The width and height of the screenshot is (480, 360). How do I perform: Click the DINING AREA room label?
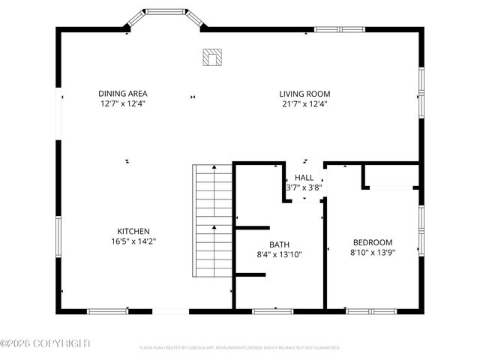pos(121,94)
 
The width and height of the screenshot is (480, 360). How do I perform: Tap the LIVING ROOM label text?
pos(304,94)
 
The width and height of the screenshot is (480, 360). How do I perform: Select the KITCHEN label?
pos(133,231)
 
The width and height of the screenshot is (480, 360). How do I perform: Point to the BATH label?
pos(279,244)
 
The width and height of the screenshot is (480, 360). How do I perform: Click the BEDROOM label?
pos(373,242)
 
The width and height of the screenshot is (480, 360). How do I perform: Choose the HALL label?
pos(304,178)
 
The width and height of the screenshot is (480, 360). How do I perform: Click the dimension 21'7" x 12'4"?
pos(304,104)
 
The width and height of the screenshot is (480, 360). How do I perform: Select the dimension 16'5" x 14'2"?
pos(133,241)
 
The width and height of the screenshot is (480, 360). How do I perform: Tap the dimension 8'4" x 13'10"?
pos(279,255)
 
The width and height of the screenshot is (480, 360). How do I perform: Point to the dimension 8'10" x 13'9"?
pos(373,253)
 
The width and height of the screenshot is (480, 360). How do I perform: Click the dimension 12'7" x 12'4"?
pos(121,104)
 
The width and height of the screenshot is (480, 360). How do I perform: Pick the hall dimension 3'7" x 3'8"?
pos(304,188)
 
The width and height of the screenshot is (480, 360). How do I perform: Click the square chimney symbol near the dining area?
pos(212,56)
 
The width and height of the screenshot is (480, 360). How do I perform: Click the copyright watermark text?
pos(45,343)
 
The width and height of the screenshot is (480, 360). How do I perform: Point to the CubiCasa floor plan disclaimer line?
pos(240,348)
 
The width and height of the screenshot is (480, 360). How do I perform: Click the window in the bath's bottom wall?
pos(273,310)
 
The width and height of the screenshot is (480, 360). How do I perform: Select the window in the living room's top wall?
pos(339,29)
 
